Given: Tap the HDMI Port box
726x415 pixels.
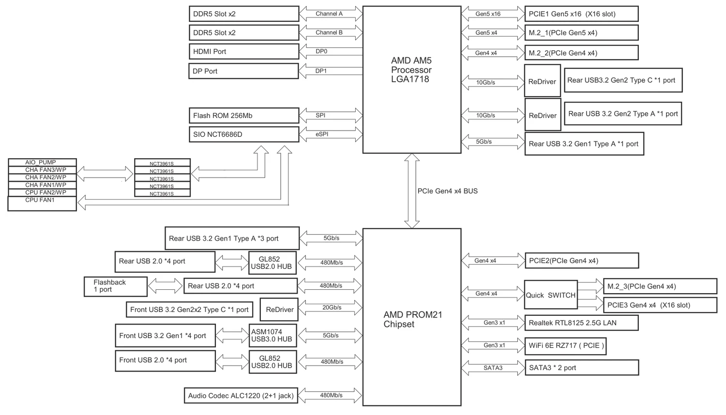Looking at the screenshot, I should click(243, 51).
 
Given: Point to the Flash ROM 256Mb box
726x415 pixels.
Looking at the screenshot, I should click(243, 116).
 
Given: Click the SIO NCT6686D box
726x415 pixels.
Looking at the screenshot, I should click(243, 134).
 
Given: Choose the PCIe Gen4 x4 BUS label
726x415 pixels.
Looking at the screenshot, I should click(447, 191).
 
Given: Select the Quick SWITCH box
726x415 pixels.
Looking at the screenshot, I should click(551, 295).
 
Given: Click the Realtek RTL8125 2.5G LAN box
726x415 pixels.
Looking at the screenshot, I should click(581, 323).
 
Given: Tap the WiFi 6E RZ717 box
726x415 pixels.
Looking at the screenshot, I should click(565, 345).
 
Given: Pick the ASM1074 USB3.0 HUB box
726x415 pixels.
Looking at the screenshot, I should click(272, 335).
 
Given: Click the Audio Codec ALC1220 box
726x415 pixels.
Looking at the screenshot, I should click(241, 396).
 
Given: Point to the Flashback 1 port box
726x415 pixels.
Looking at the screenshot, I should click(116, 286).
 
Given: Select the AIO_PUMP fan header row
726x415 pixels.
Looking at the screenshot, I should click(42, 163).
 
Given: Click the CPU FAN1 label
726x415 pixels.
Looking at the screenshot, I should click(40, 200).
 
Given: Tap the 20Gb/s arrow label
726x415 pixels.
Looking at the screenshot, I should click(332, 308).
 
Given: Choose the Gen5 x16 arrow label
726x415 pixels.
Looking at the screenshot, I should click(487, 14).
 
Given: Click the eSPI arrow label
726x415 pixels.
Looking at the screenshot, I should click(322, 134).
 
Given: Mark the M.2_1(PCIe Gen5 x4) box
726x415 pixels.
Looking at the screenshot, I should click(581, 33).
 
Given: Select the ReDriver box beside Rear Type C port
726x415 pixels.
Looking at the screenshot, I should click(542, 81).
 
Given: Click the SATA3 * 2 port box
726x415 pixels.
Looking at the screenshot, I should click(581, 368).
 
